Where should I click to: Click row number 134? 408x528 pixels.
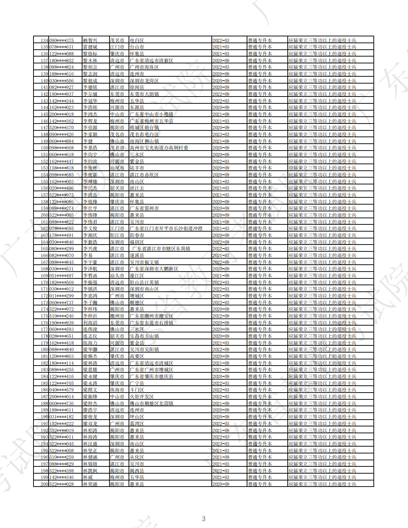[x=44, y=40]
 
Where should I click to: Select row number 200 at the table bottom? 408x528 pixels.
[x=44, y=484]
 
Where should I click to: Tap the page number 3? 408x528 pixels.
[x=204, y=519]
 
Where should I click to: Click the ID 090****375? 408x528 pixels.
[x=61, y=40]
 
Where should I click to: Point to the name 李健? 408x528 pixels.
[x=88, y=141]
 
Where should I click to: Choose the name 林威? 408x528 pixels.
[x=88, y=477]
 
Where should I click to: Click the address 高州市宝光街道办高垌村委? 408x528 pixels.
[x=159, y=148]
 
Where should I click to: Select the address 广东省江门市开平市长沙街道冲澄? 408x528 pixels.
[x=166, y=228]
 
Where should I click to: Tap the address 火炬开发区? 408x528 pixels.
[x=142, y=397]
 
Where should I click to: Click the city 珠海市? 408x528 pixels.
[x=117, y=390]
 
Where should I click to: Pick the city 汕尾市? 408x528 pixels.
[x=117, y=168]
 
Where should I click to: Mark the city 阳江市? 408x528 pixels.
[x=117, y=235]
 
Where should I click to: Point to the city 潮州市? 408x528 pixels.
[x=117, y=316]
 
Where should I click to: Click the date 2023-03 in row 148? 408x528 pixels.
[x=221, y=134]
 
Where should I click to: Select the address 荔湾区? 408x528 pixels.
[x=137, y=424]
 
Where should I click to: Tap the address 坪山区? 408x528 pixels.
[x=137, y=417]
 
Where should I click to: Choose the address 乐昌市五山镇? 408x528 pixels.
[x=144, y=336]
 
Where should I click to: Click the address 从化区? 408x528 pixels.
[x=137, y=457]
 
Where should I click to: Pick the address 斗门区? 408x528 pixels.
[x=137, y=390]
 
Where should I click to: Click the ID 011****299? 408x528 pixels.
[x=61, y=296]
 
